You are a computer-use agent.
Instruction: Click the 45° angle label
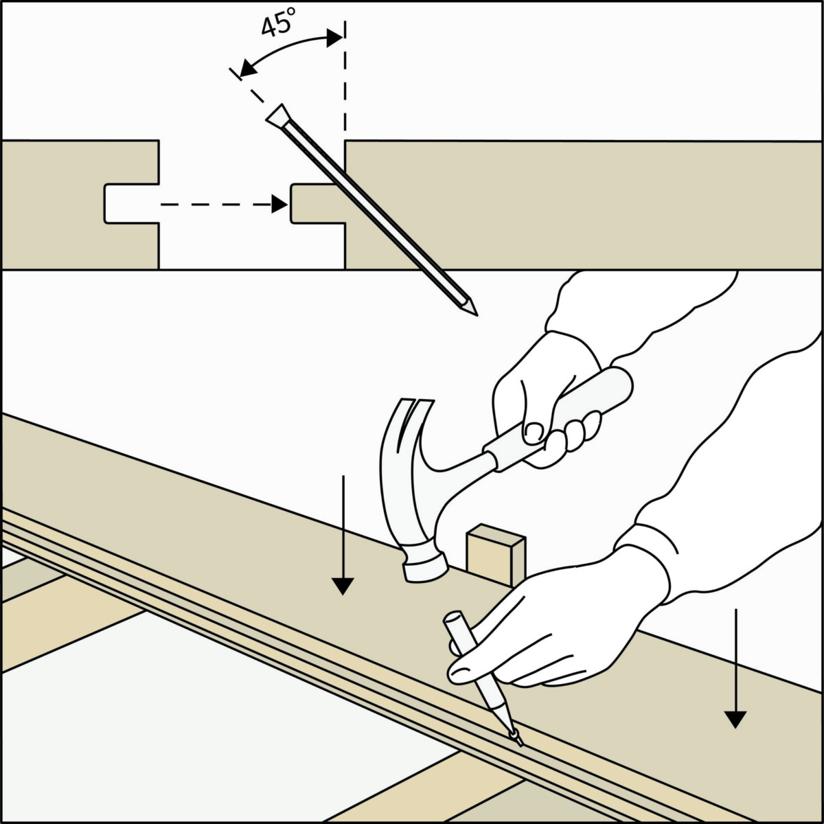[278, 22]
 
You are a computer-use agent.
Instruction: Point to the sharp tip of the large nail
[476, 314]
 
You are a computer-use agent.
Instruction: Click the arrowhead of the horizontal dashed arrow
[279, 205]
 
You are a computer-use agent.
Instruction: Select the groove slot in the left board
[131, 203]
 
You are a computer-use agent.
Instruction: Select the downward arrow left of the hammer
[343, 534]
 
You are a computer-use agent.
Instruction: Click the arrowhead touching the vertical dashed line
[335, 38]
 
